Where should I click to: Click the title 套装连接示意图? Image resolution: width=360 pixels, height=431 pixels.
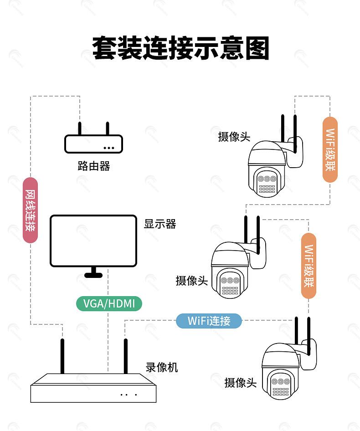(181, 49)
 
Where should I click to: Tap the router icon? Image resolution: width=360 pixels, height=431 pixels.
(93, 143)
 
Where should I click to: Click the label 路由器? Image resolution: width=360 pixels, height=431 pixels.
(94, 166)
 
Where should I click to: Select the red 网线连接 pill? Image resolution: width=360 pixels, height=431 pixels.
(30, 210)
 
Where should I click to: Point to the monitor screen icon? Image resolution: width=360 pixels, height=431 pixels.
(93, 241)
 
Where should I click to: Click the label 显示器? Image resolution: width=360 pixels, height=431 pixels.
(160, 224)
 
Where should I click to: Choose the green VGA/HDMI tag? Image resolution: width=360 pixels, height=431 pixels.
(109, 303)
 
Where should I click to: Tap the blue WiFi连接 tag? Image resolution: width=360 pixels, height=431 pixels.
(209, 321)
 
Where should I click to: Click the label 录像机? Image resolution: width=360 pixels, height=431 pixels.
(162, 367)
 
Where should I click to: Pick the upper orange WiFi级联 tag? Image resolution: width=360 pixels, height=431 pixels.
(330, 149)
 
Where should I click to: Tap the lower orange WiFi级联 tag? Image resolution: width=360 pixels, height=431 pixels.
(309, 266)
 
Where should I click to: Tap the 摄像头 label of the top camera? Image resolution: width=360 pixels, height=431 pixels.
(234, 136)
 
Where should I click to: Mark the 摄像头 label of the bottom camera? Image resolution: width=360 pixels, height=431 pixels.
(241, 383)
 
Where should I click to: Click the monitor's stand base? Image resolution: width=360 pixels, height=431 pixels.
(93, 275)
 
